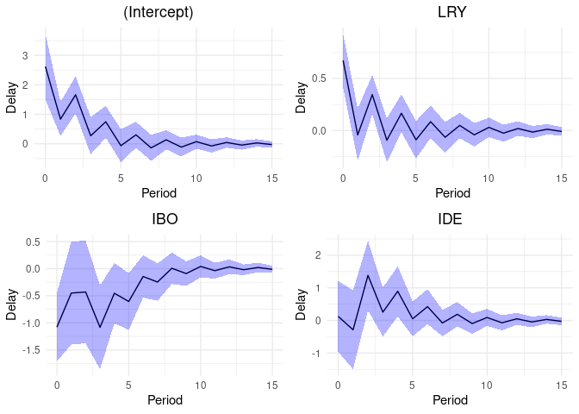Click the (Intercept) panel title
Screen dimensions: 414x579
tap(159, 13)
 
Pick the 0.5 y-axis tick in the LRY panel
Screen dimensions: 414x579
tap(318, 78)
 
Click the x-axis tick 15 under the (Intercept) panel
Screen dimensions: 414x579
tap(271, 178)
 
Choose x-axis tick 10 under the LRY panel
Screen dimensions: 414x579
tap(489, 178)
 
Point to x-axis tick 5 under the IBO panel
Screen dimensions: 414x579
tap(129, 384)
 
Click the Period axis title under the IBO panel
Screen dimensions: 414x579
tap(165, 400)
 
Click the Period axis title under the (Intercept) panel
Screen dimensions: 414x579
tap(159, 194)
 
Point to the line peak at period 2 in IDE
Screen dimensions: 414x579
tap(368, 275)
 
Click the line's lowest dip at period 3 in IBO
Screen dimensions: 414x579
tap(100, 328)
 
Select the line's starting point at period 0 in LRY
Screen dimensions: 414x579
tap(344, 60)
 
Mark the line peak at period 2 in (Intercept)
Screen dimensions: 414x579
tap(76, 94)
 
